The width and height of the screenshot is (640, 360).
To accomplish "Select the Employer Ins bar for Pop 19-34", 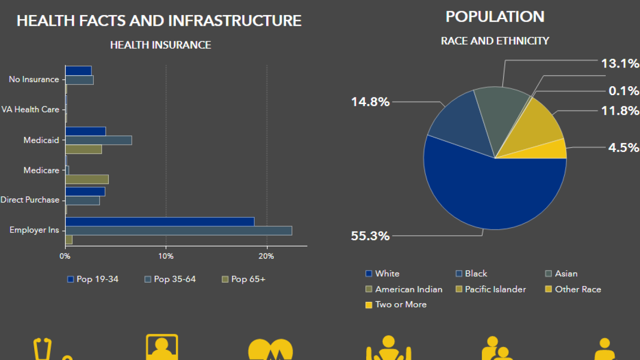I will click(x=160, y=221).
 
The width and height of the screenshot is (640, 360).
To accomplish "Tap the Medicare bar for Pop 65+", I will click(x=87, y=179).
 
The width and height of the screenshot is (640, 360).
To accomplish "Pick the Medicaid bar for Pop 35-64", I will click(x=99, y=140).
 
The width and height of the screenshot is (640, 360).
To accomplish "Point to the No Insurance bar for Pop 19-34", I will click(x=78, y=71).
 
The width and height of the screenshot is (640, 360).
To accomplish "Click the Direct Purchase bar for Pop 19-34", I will click(x=85, y=192).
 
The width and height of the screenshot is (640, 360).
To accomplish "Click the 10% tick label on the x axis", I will click(x=166, y=256).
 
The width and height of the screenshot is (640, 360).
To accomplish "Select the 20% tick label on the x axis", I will click(x=267, y=256).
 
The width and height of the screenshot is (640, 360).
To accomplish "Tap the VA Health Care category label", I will click(x=30, y=109).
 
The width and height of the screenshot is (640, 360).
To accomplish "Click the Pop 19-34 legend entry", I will click(x=93, y=279).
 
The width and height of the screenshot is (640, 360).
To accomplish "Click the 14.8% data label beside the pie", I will click(x=370, y=102).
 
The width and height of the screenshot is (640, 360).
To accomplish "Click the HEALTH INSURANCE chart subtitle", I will click(x=160, y=45).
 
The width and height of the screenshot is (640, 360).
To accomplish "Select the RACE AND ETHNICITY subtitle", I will click(x=495, y=41).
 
